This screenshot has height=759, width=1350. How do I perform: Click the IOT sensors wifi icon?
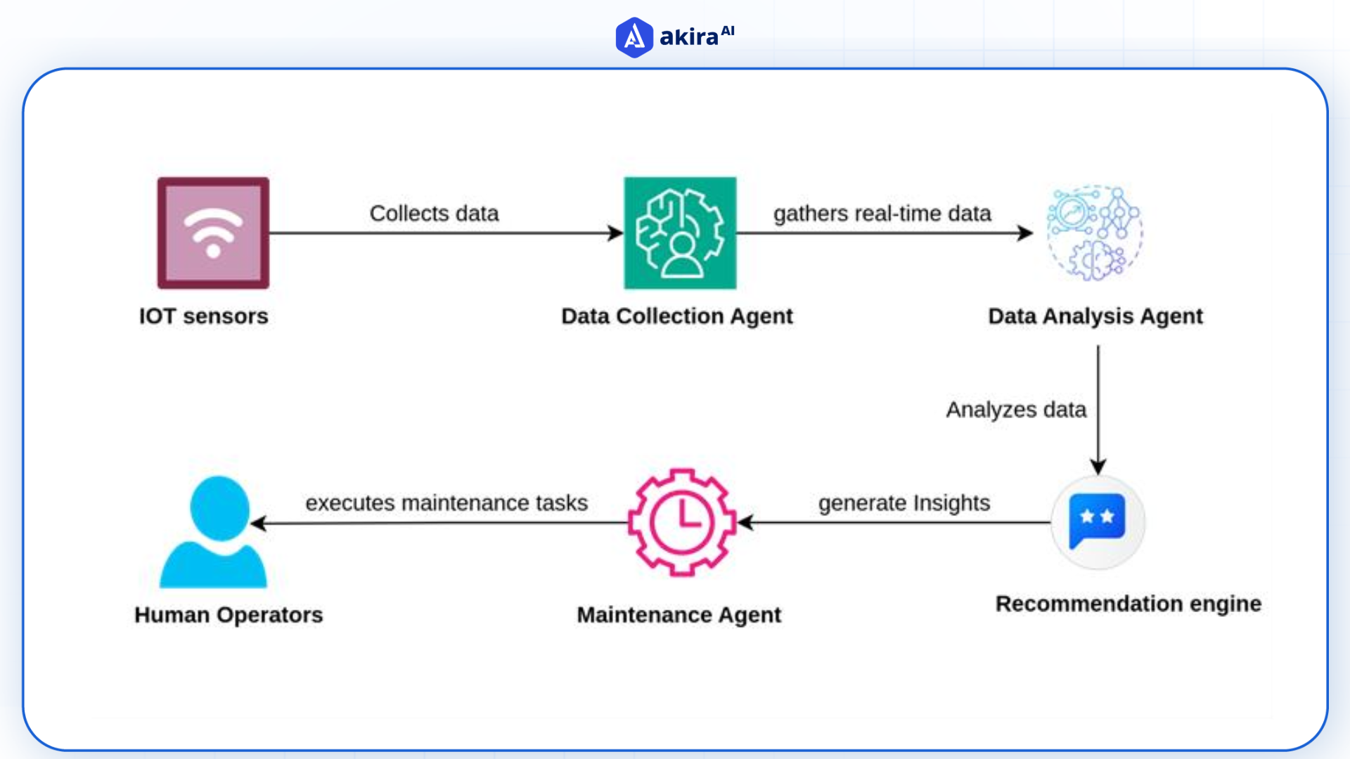click(x=213, y=233)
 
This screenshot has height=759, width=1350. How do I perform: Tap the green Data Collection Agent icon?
click(x=680, y=233)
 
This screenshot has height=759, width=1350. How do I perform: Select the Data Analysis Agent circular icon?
click(x=1095, y=233)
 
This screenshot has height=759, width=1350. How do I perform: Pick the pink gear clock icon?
click(x=681, y=522)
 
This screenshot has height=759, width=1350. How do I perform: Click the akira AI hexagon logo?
click(x=634, y=37)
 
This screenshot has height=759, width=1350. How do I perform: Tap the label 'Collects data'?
click(x=434, y=213)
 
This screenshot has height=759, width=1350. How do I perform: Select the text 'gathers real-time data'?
click(x=882, y=213)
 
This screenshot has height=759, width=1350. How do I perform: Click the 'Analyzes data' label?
click(x=1015, y=409)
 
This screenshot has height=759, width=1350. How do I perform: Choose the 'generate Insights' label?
click(x=904, y=502)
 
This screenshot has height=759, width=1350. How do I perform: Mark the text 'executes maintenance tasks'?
click(x=446, y=502)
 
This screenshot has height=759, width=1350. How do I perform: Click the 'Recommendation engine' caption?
click(x=1128, y=603)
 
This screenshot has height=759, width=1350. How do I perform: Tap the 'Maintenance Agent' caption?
click(x=679, y=614)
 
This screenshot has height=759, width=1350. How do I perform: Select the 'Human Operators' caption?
click(x=229, y=614)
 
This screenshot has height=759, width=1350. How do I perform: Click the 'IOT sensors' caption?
click(x=203, y=316)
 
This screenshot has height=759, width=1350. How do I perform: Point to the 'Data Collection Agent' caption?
click(x=676, y=316)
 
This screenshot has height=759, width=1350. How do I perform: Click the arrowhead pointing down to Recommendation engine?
click(x=1098, y=466)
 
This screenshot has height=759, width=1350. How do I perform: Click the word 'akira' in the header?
click(x=688, y=37)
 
